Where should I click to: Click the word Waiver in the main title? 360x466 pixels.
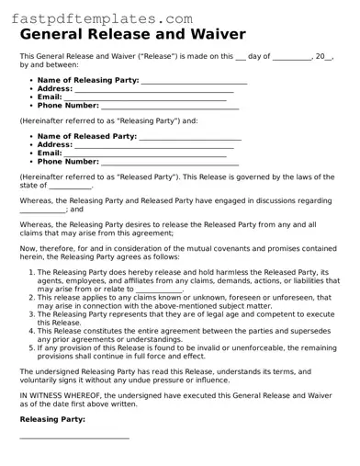[219, 35]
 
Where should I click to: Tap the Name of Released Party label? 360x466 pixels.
[86, 136]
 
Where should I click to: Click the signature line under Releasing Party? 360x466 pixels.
[73, 437]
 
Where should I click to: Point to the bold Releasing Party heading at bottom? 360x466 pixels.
[52, 418]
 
